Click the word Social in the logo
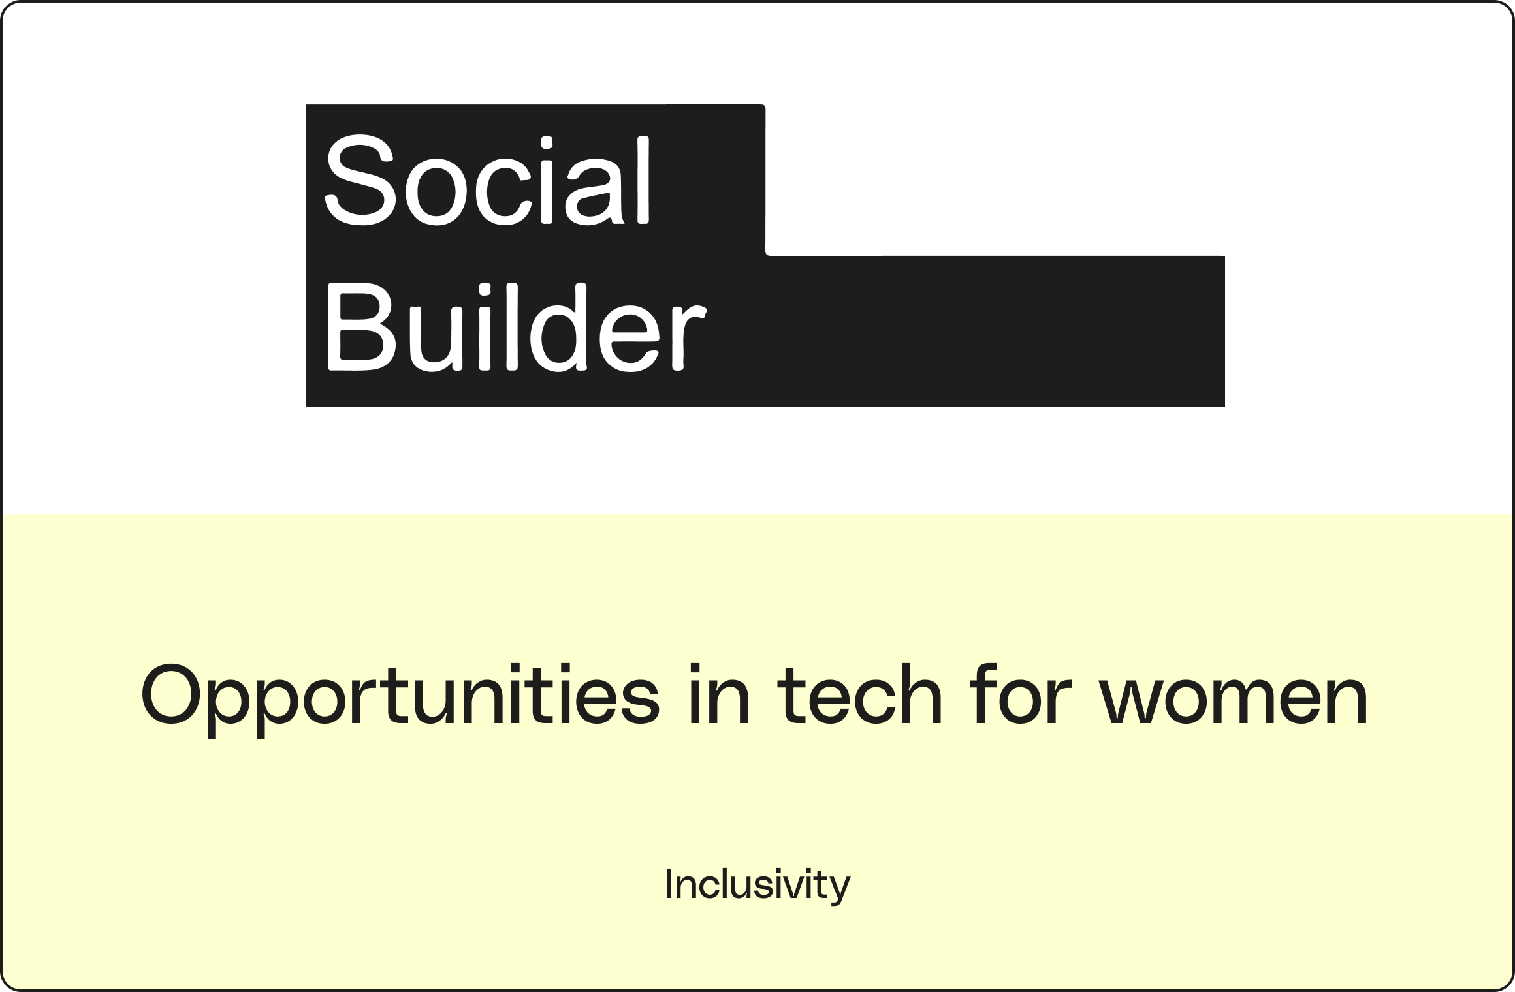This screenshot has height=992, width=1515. click(x=487, y=180)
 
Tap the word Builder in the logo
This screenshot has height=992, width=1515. click(x=516, y=328)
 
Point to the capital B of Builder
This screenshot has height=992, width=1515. click(x=360, y=328)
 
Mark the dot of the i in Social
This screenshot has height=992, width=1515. click(x=547, y=144)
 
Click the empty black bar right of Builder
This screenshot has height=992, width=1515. click(x=966, y=331)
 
